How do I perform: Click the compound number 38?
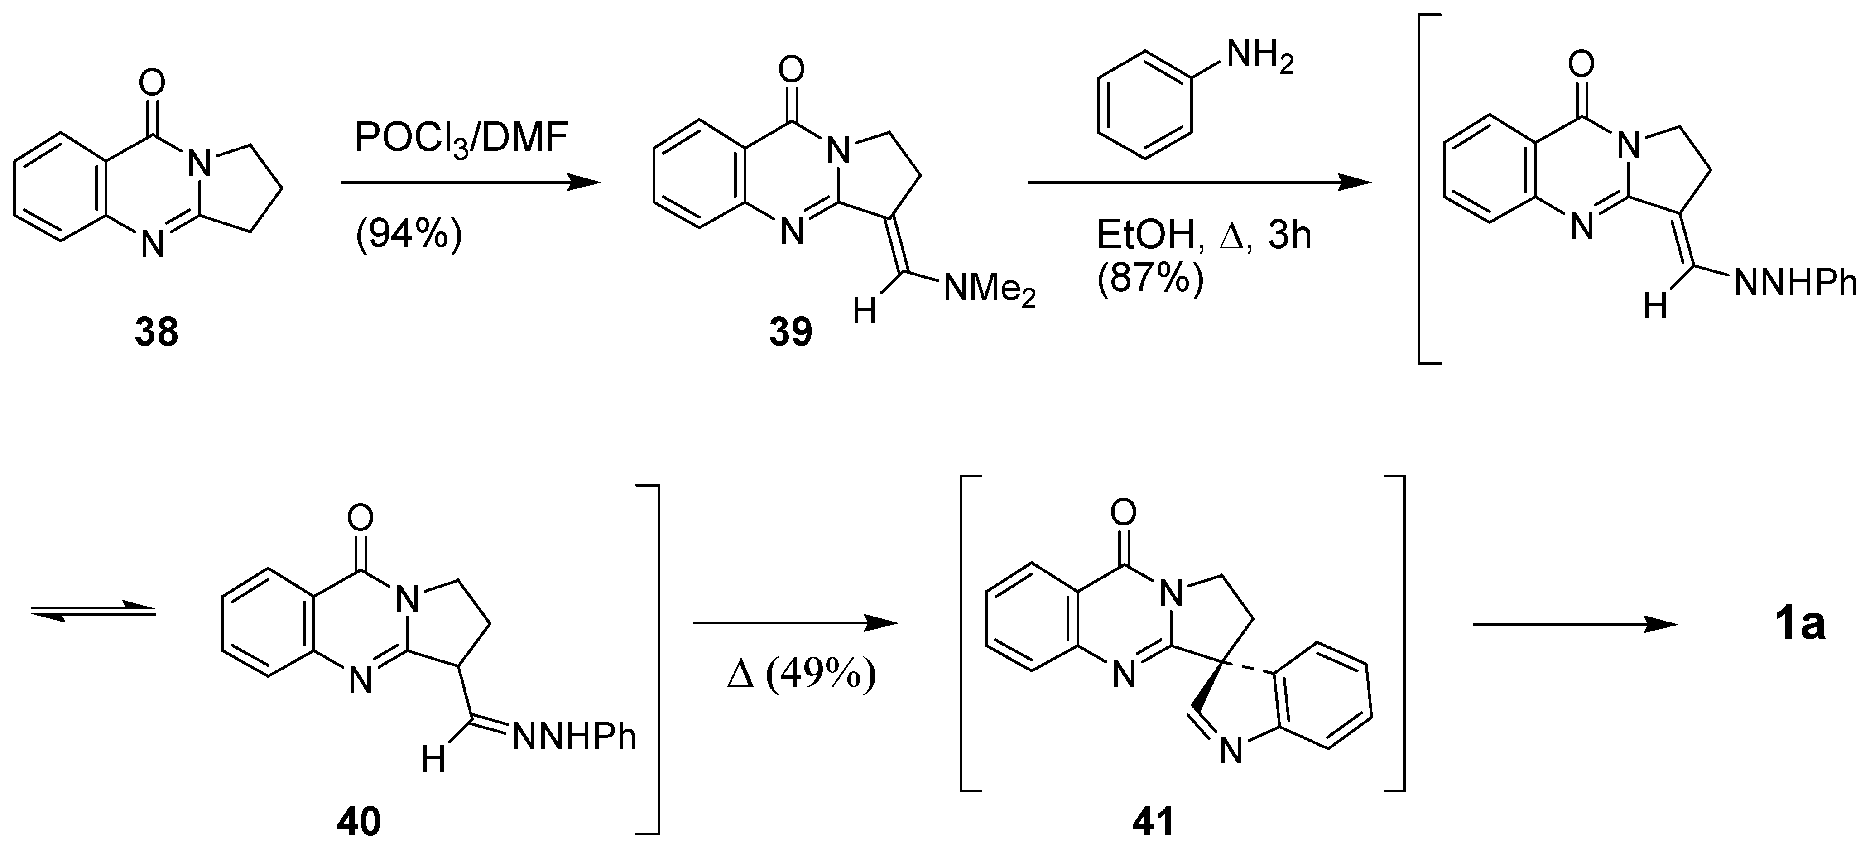click(156, 333)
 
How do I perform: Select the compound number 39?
click(791, 333)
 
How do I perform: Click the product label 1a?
click(1801, 625)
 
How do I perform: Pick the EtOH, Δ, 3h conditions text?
click(1203, 236)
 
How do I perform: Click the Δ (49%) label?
click(801, 678)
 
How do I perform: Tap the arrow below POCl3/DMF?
click(471, 183)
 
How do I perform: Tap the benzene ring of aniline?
click(1144, 104)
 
